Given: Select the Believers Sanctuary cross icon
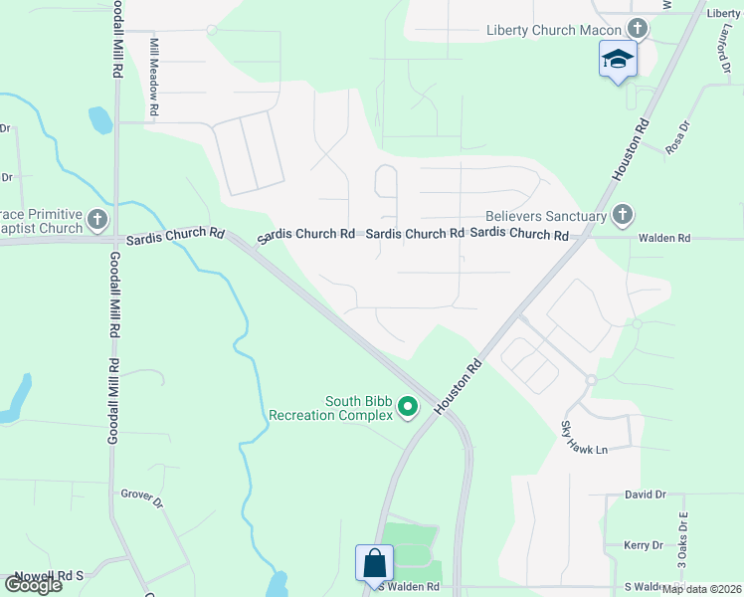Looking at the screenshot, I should click(622, 215).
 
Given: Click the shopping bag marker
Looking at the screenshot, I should click(375, 562).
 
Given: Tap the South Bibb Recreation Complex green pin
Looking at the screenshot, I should click(407, 406).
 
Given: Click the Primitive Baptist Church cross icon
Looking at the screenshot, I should click(97, 219).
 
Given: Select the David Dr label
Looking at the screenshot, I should click(645, 495).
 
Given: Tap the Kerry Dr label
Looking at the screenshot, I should click(643, 545).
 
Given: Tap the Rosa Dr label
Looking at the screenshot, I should click(677, 137).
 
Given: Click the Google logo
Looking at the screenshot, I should click(32, 585).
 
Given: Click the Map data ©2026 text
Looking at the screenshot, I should click(702, 589).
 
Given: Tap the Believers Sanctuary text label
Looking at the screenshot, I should click(546, 216).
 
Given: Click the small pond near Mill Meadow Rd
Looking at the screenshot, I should click(100, 120).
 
